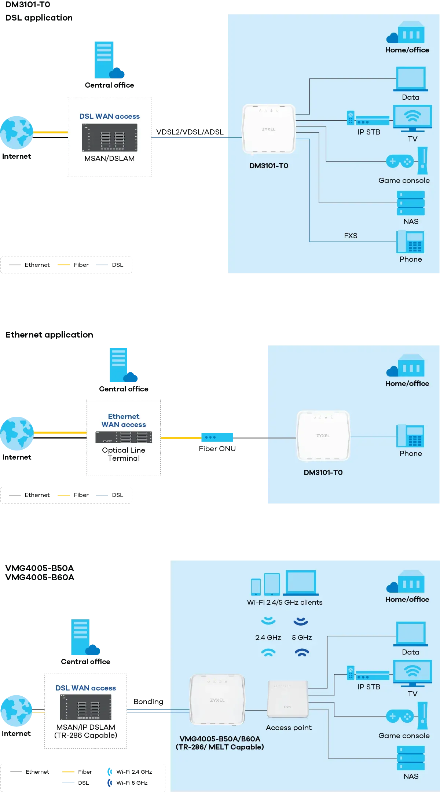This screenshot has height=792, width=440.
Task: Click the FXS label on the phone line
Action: [351, 236]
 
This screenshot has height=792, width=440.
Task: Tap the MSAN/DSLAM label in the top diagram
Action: [109, 158]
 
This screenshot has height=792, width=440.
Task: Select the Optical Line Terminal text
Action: [124, 454]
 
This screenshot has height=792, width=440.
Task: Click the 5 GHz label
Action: [302, 637]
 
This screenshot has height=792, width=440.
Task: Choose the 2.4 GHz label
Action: [268, 637]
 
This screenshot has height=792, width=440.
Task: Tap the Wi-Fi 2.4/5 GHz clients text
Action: [285, 602]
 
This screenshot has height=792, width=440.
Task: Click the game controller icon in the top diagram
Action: [400, 161]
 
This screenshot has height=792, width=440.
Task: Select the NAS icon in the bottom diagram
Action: [411, 758]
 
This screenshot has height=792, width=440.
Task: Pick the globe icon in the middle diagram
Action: [17, 434]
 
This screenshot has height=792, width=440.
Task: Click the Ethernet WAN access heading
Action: [124, 420]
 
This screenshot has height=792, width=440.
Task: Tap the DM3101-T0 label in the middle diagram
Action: [323, 472]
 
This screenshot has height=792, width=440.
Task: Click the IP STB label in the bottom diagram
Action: [368, 687]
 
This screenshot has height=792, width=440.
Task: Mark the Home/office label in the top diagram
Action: [407, 50]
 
